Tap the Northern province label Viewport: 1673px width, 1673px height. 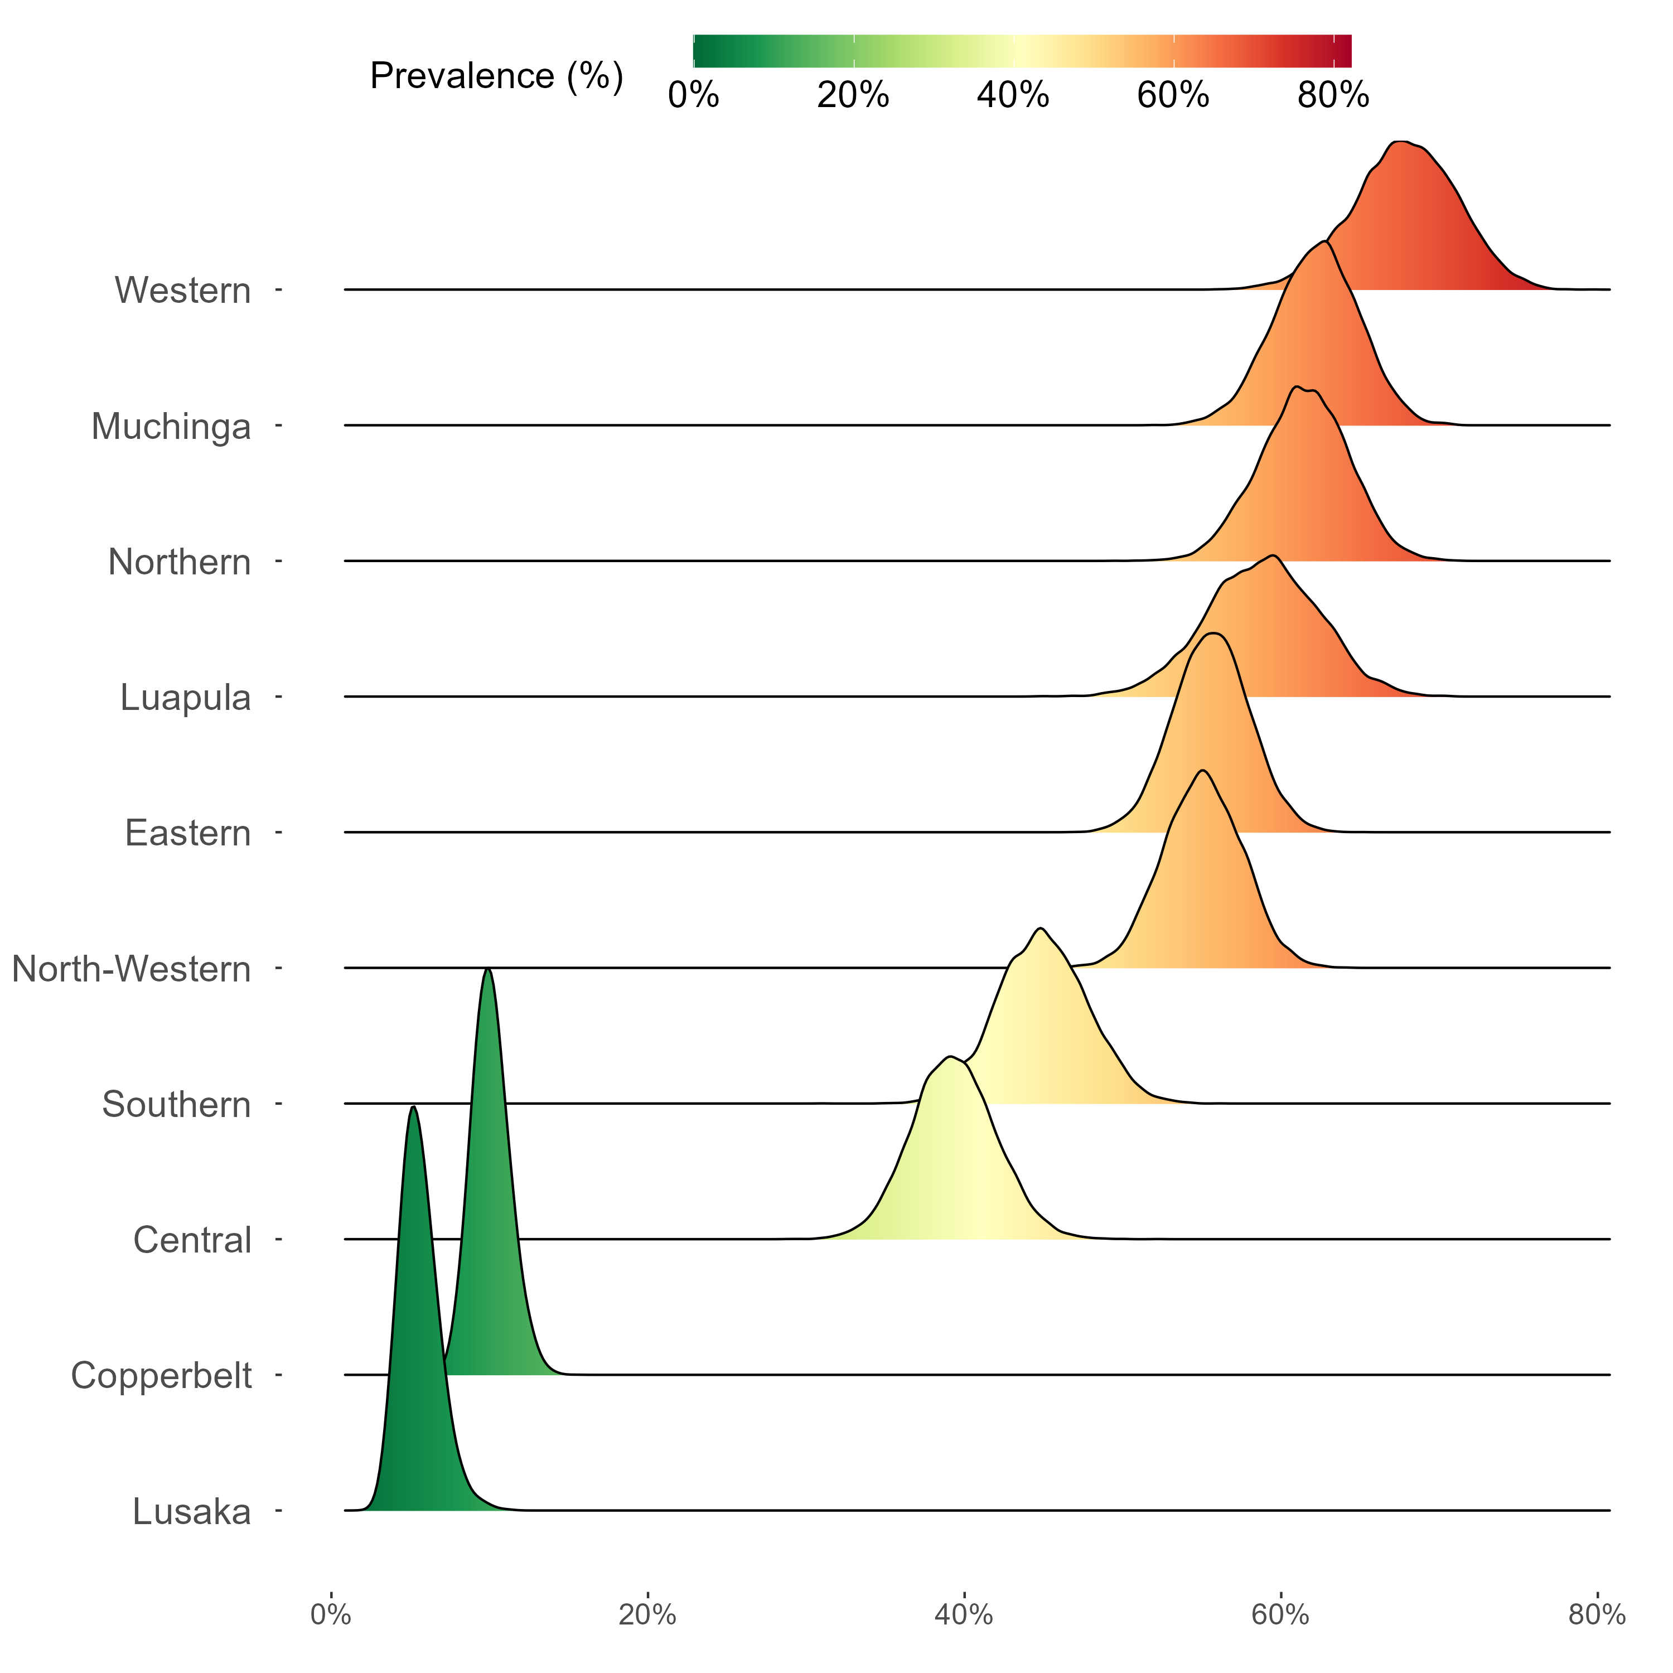179,562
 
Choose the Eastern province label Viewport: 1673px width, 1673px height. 188,833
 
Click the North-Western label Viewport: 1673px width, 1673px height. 132,969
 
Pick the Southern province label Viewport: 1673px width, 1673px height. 177,1105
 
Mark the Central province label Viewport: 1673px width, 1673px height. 192,1240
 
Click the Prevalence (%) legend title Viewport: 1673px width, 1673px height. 496,76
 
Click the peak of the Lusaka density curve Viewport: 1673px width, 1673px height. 414,1108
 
